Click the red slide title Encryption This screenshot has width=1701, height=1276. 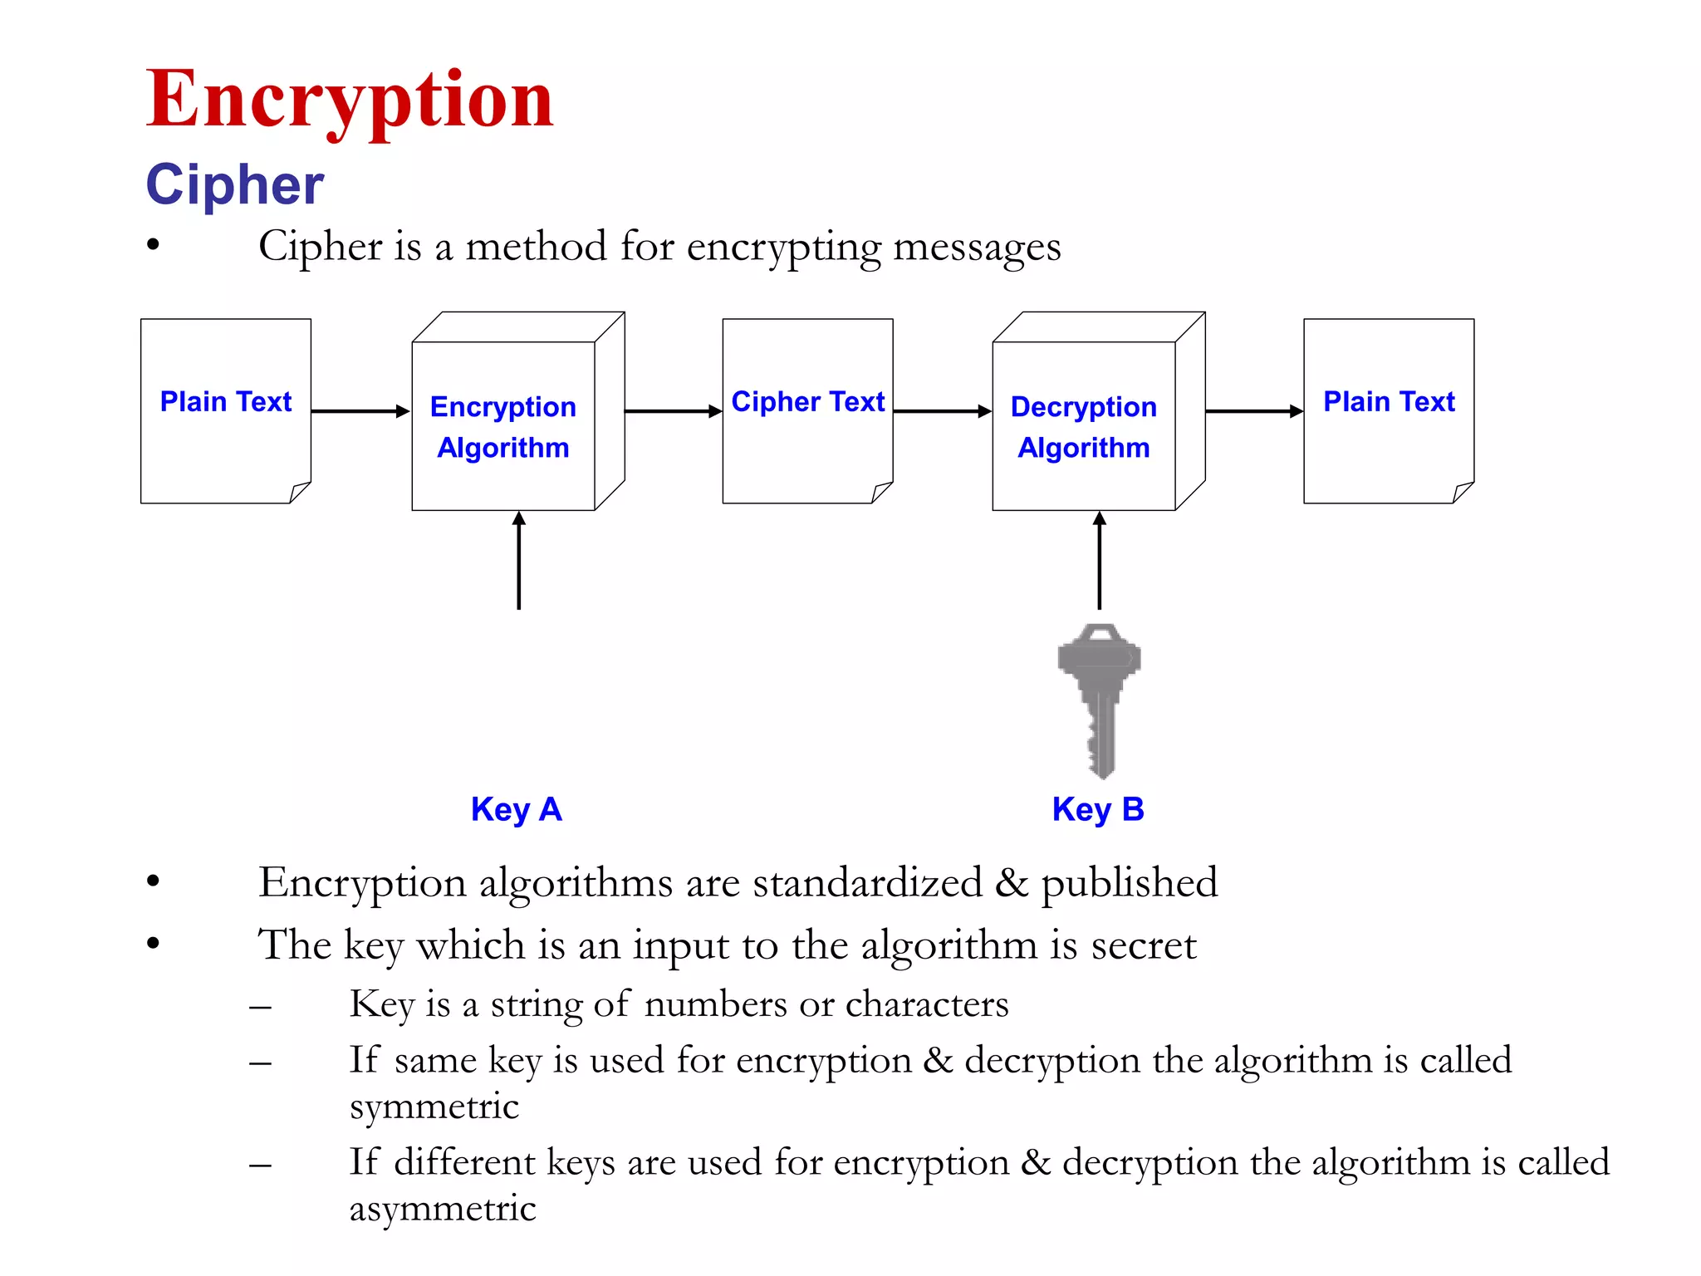click(x=349, y=100)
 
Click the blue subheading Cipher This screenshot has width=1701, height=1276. click(x=234, y=184)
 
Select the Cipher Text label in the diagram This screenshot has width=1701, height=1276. click(x=807, y=402)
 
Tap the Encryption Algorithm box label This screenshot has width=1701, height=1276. click(x=503, y=427)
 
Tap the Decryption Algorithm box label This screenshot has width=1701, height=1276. click(x=1083, y=427)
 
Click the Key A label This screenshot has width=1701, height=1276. click(x=516, y=809)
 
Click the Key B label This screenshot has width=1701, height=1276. click(x=1097, y=809)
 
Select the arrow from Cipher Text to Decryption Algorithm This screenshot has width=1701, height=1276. click(x=942, y=411)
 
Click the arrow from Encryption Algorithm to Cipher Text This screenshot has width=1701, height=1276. click(x=673, y=411)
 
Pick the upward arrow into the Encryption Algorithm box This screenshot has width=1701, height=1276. click(x=519, y=561)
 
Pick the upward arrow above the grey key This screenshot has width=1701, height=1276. click(x=1100, y=561)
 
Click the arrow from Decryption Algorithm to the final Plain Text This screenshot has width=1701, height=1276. click(x=1253, y=411)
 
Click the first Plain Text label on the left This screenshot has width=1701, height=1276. click(x=225, y=402)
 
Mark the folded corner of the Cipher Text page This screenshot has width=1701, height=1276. click(x=881, y=493)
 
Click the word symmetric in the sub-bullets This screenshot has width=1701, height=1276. click(x=434, y=1107)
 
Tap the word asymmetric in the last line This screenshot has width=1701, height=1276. click(x=442, y=1209)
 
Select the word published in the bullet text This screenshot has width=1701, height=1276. click(x=1130, y=883)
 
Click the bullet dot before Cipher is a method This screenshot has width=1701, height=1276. click(x=153, y=245)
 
